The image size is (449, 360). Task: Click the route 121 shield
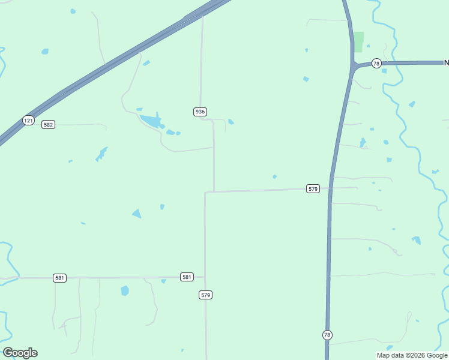28,120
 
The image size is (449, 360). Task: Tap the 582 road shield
49,124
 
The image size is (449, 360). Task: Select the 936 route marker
200,112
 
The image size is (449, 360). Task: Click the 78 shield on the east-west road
376,64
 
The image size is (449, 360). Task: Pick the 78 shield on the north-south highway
327,335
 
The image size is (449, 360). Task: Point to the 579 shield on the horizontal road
312,188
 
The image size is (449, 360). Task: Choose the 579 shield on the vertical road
206,295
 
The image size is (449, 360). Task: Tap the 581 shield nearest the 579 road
187,277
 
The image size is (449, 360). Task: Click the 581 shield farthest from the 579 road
59,278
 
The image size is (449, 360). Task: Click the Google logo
20,353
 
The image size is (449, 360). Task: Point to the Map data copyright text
412,355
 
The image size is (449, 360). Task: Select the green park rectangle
358,41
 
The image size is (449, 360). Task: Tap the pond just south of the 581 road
125,291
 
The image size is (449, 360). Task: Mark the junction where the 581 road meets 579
205,277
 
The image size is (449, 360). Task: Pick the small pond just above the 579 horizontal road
274,176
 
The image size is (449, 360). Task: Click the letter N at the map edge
446,62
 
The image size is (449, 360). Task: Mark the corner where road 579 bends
206,193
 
